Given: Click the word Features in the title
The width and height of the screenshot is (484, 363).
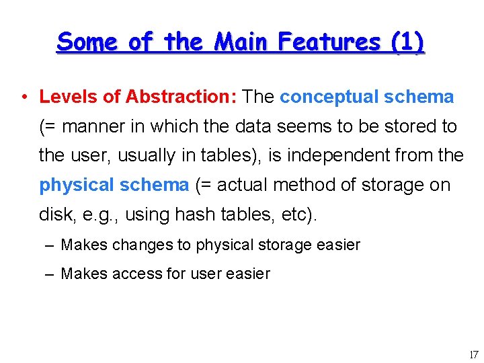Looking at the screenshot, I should pyautogui.click(x=330, y=42).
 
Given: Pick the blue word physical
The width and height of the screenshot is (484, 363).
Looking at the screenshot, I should pyautogui.click(x=78, y=185).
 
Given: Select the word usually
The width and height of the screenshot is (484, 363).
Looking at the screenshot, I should pyautogui.click(x=155, y=155).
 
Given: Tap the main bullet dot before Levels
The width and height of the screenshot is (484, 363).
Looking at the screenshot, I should pyautogui.click(x=24, y=97).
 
